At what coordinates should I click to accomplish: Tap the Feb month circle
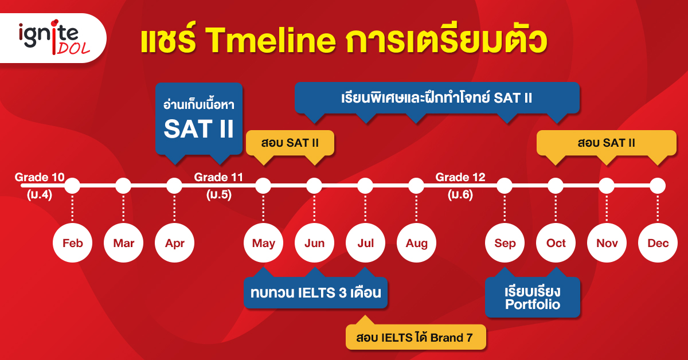point(72,242)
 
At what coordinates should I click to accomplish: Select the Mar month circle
point(123,242)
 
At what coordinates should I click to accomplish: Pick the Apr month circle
point(174,242)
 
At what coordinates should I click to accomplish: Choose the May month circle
point(263,242)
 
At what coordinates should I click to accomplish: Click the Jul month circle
point(365,242)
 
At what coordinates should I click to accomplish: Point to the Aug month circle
point(416,242)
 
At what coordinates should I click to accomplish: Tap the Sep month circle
point(505,242)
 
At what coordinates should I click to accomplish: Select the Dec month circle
point(658,242)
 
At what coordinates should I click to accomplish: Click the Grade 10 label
point(40,186)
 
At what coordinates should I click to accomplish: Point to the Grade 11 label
point(218,186)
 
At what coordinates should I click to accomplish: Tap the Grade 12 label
point(460,186)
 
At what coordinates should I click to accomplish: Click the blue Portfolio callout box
point(533,297)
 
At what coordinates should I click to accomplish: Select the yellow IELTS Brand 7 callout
point(416,336)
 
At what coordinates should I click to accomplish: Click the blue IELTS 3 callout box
point(315,292)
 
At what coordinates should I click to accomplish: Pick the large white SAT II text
point(199,128)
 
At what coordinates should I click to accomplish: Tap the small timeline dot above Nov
point(607,186)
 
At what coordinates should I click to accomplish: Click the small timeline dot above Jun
point(314,186)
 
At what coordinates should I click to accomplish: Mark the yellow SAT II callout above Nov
point(607,143)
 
